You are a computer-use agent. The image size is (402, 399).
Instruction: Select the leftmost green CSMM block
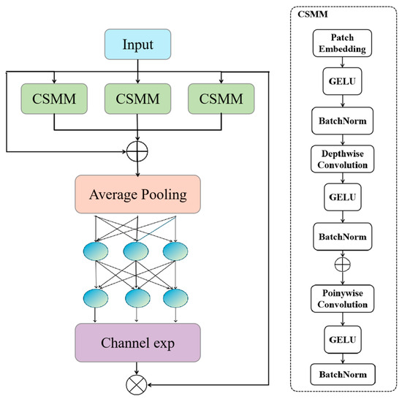(x=55, y=98)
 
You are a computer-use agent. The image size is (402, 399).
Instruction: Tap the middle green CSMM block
(x=138, y=98)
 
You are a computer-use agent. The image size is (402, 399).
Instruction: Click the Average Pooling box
(x=138, y=194)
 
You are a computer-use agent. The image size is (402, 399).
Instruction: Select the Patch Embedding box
(x=343, y=44)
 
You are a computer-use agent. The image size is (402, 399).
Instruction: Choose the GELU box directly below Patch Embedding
(x=343, y=82)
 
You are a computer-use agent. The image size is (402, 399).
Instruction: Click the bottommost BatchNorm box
(x=343, y=374)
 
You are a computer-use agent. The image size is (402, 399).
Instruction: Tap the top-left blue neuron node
(x=95, y=251)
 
